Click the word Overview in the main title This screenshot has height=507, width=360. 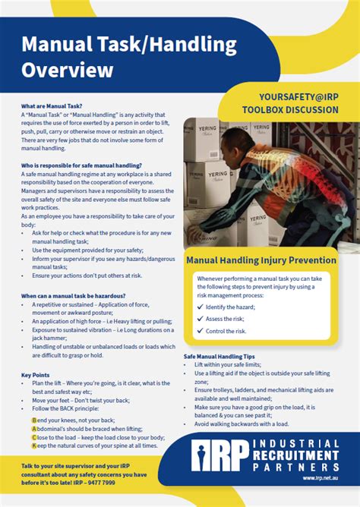(68, 71)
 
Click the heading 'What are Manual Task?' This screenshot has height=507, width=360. (52, 106)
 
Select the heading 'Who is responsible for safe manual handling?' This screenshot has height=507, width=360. (81, 165)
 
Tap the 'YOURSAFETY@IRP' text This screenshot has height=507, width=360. (288, 98)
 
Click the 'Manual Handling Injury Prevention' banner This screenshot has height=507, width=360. (261, 260)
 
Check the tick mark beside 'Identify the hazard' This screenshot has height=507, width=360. (200, 307)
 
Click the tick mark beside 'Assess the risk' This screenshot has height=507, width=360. (200, 320)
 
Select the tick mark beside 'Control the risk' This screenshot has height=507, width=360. (200, 332)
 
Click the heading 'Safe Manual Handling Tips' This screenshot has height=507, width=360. (219, 356)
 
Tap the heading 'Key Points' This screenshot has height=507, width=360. (36, 375)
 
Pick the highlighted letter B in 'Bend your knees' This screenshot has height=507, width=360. (34, 420)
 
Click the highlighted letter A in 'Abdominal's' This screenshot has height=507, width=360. (34, 429)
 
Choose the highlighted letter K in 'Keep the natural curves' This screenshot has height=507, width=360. (34, 446)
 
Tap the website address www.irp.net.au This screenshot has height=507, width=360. (321, 478)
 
